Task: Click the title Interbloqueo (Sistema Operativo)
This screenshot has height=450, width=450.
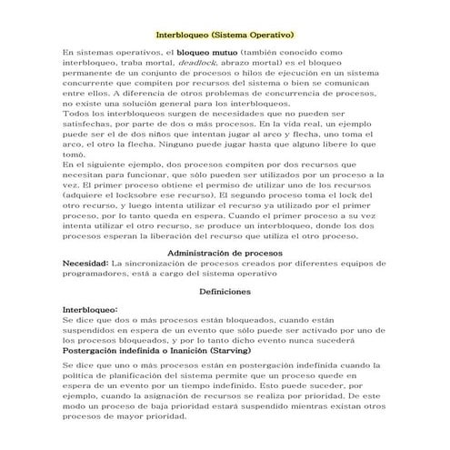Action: coord(225,34)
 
